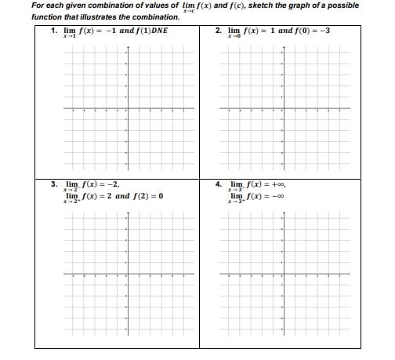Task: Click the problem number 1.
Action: [x=53, y=31]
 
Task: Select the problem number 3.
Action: [x=53, y=185]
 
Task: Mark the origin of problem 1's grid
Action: [x=128, y=110]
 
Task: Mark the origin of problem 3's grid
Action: [x=128, y=275]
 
